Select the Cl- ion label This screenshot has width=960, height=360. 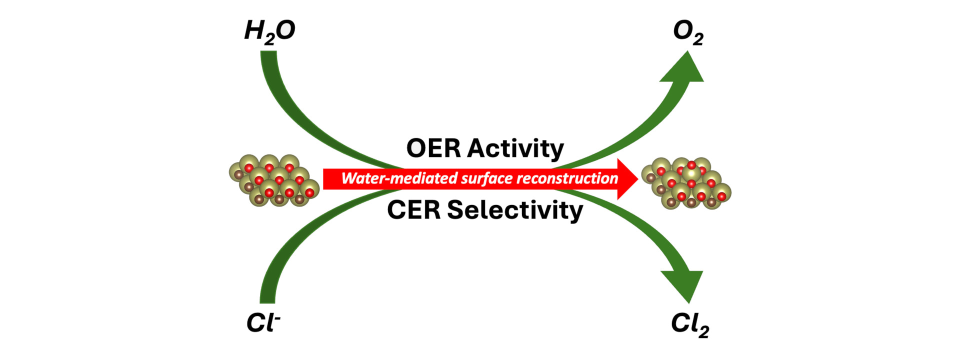tap(263, 323)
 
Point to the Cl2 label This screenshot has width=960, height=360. tap(689, 324)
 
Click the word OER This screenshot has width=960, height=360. tap(433, 148)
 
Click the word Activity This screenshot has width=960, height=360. tap(516, 149)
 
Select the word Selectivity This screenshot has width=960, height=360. tap(515, 210)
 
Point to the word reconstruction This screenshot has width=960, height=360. tap(567, 178)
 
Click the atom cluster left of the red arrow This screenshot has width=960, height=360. tap(274, 180)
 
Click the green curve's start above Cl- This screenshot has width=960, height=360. tap(267, 298)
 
